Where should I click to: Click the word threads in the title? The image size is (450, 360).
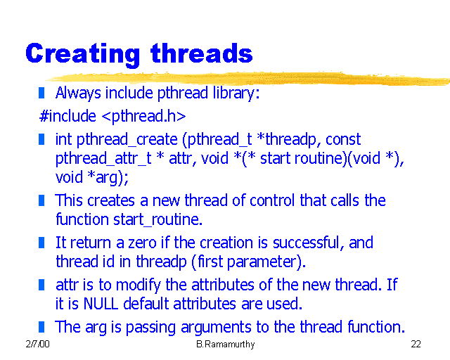coord(202,53)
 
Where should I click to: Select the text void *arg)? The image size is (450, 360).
coord(91,176)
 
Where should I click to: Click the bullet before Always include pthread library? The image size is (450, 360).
coord(42,92)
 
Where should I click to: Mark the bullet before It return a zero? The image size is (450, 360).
coord(42,243)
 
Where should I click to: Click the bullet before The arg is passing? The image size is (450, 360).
coord(42,326)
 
